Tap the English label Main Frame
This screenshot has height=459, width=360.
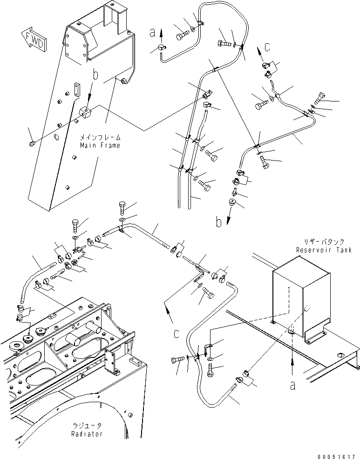100,145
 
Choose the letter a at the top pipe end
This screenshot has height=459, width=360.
152,33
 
